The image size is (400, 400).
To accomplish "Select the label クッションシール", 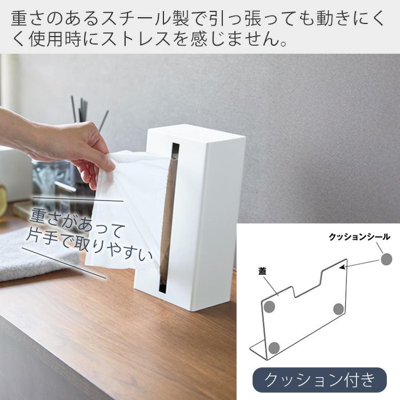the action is tap(359, 237).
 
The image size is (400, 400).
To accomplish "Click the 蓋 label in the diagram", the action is tap(262, 271).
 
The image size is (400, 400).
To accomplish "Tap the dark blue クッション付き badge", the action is tap(319, 380).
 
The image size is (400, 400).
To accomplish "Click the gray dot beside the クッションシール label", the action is tap(386, 259).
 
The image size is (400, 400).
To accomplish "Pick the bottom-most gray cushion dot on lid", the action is tap(274, 347).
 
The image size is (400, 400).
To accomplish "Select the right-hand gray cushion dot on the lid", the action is tap(338, 309).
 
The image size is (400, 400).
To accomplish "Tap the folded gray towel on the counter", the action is tap(38, 255).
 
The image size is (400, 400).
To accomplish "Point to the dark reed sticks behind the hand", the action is tap(87, 112).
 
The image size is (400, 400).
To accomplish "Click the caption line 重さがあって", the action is tap(77, 222).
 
